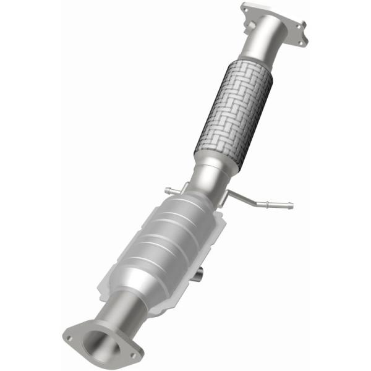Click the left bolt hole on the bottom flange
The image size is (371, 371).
coord(69,338)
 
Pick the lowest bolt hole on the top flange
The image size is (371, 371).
coord(301,42)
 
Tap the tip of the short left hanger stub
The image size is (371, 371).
coord(168,189)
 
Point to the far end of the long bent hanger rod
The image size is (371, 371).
coord(290,206)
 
